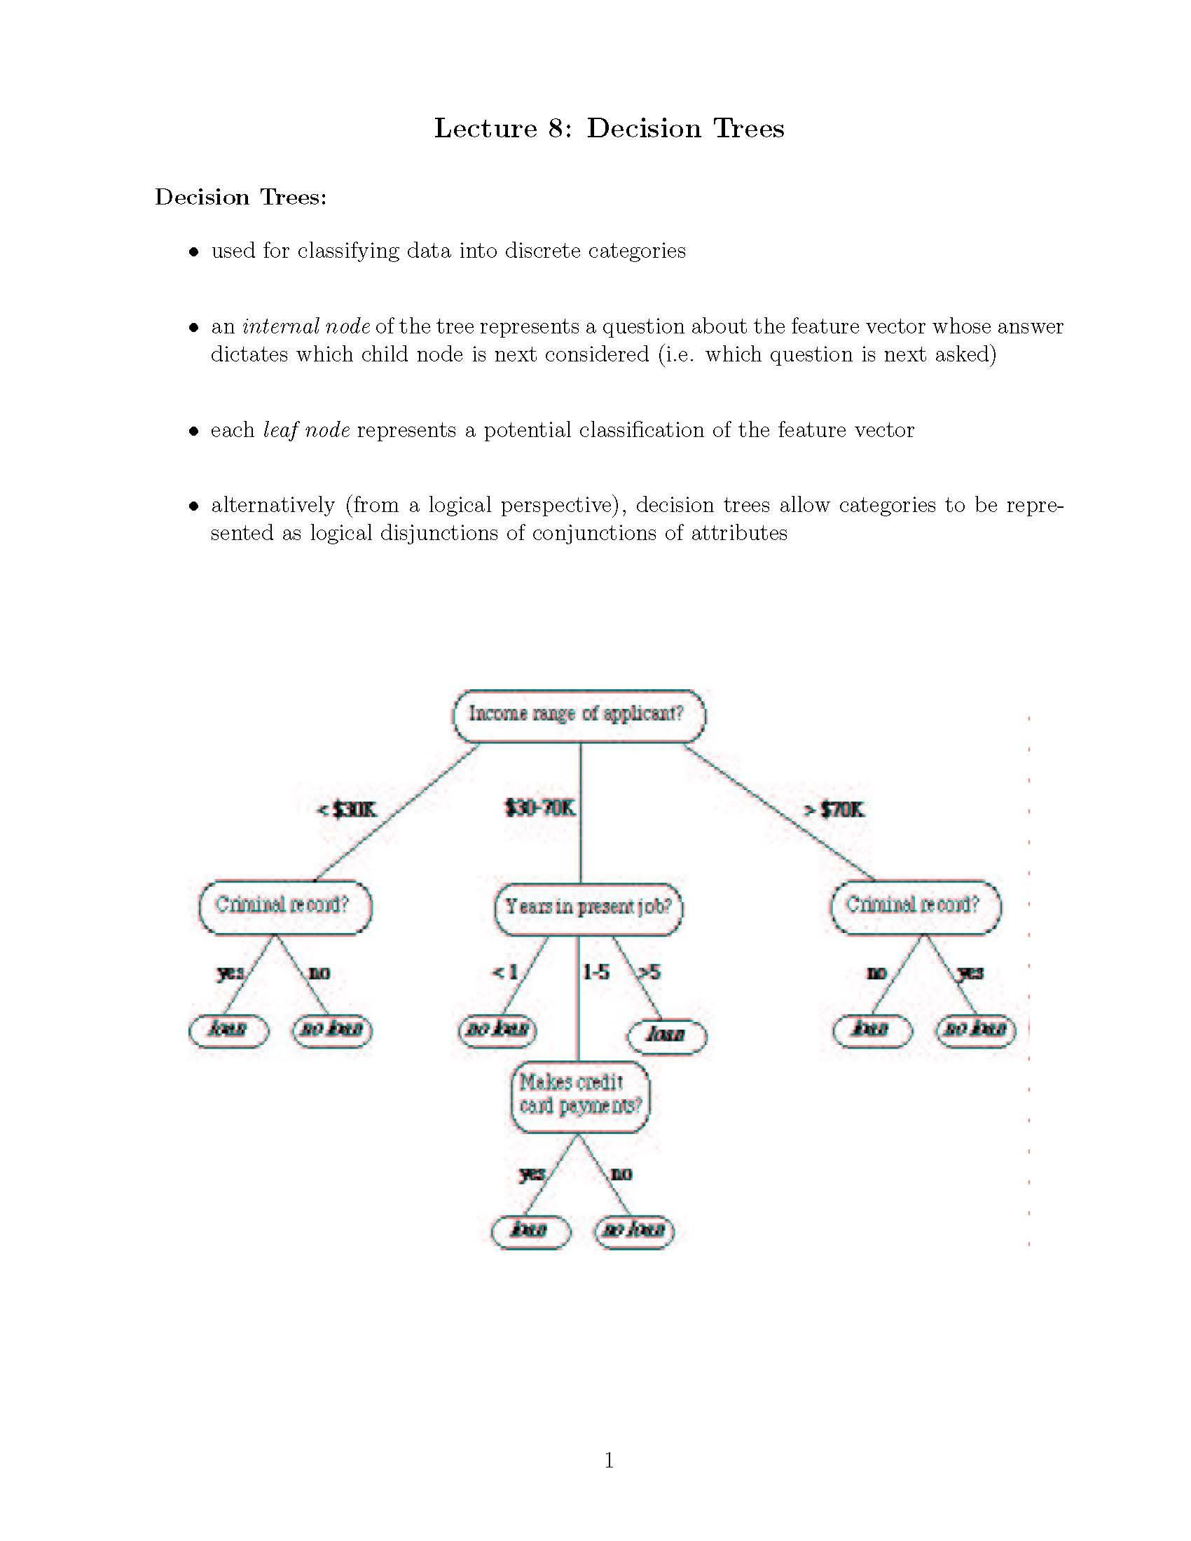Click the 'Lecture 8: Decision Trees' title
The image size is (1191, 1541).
[x=608, y=128]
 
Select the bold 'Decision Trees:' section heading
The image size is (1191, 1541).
[x=240, y=197]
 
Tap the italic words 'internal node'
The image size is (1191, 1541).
[x=305, y=326]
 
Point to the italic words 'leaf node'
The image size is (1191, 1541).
[x=306, y=430]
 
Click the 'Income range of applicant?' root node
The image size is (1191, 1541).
[x=578, y=714]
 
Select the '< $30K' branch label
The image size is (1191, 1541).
[x=346, y=809]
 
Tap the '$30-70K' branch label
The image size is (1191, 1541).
[x=539, y=808]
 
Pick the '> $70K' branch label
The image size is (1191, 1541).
[x=834, y=809]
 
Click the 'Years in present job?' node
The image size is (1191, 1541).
[x=588, y=908]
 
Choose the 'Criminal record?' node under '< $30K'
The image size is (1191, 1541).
[x=284, y=906]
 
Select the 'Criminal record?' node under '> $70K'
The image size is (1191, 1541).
[x=914, y=906]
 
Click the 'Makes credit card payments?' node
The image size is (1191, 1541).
[x=580, y=1094]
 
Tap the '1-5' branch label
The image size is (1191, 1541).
[x=595, y=972]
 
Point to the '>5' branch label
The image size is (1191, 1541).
[x=649, y=972]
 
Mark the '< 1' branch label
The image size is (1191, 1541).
[x=505, y=972]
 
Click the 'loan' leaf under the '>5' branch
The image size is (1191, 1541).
[x=667, y=1035]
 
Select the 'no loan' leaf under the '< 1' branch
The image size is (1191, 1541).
[x=498, y=1030]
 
